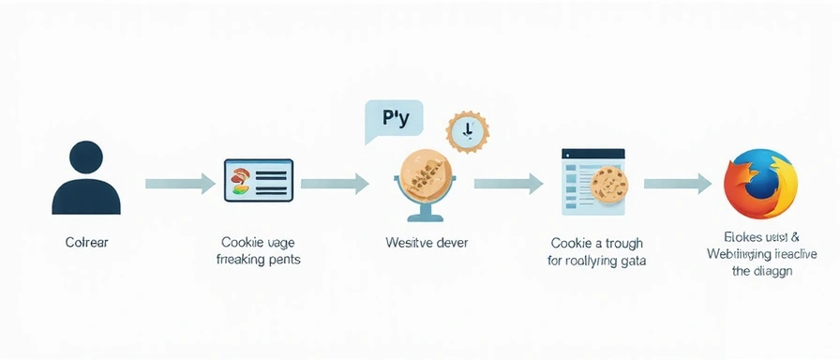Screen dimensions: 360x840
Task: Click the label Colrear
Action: point(86,242)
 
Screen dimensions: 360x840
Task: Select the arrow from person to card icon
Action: point(179,183)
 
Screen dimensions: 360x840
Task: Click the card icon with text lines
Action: point(258,180)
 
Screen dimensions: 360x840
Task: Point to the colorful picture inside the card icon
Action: point(240,180)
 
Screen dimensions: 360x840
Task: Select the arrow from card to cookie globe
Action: point(334,183)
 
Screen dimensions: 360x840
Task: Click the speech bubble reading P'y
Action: point(393,121)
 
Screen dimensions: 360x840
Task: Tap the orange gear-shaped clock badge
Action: point(466,133)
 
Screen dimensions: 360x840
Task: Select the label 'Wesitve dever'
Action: point(427,242)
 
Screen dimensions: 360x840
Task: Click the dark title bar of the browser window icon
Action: point(592,152)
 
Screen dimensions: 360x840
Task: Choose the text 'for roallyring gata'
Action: point(596,261)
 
